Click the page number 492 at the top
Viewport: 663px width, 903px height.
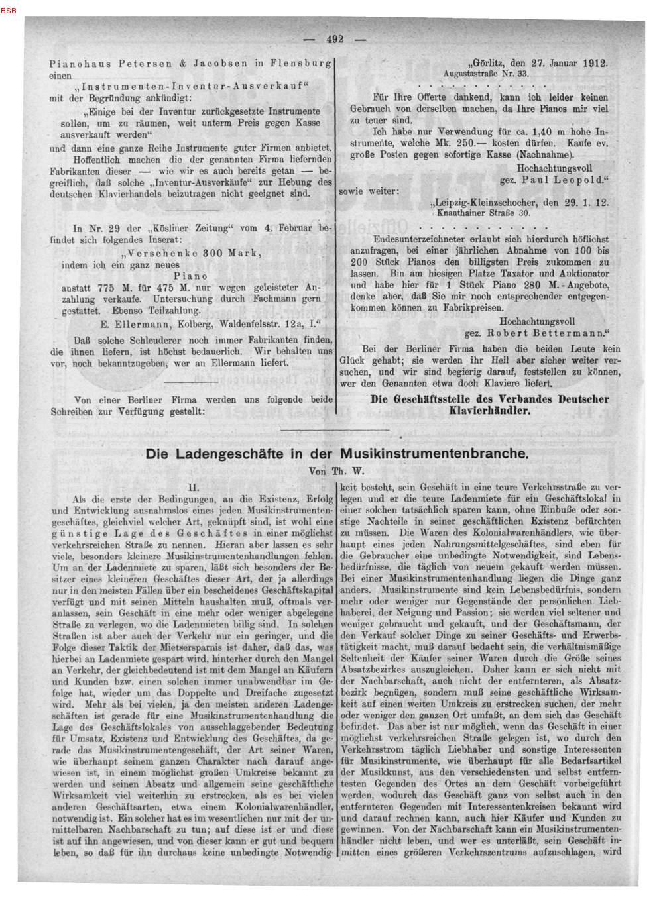click(x=335, y=39)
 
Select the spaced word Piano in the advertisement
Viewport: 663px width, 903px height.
click(x=191, y=276)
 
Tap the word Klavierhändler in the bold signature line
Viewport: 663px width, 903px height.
click(x=489, y=411)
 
